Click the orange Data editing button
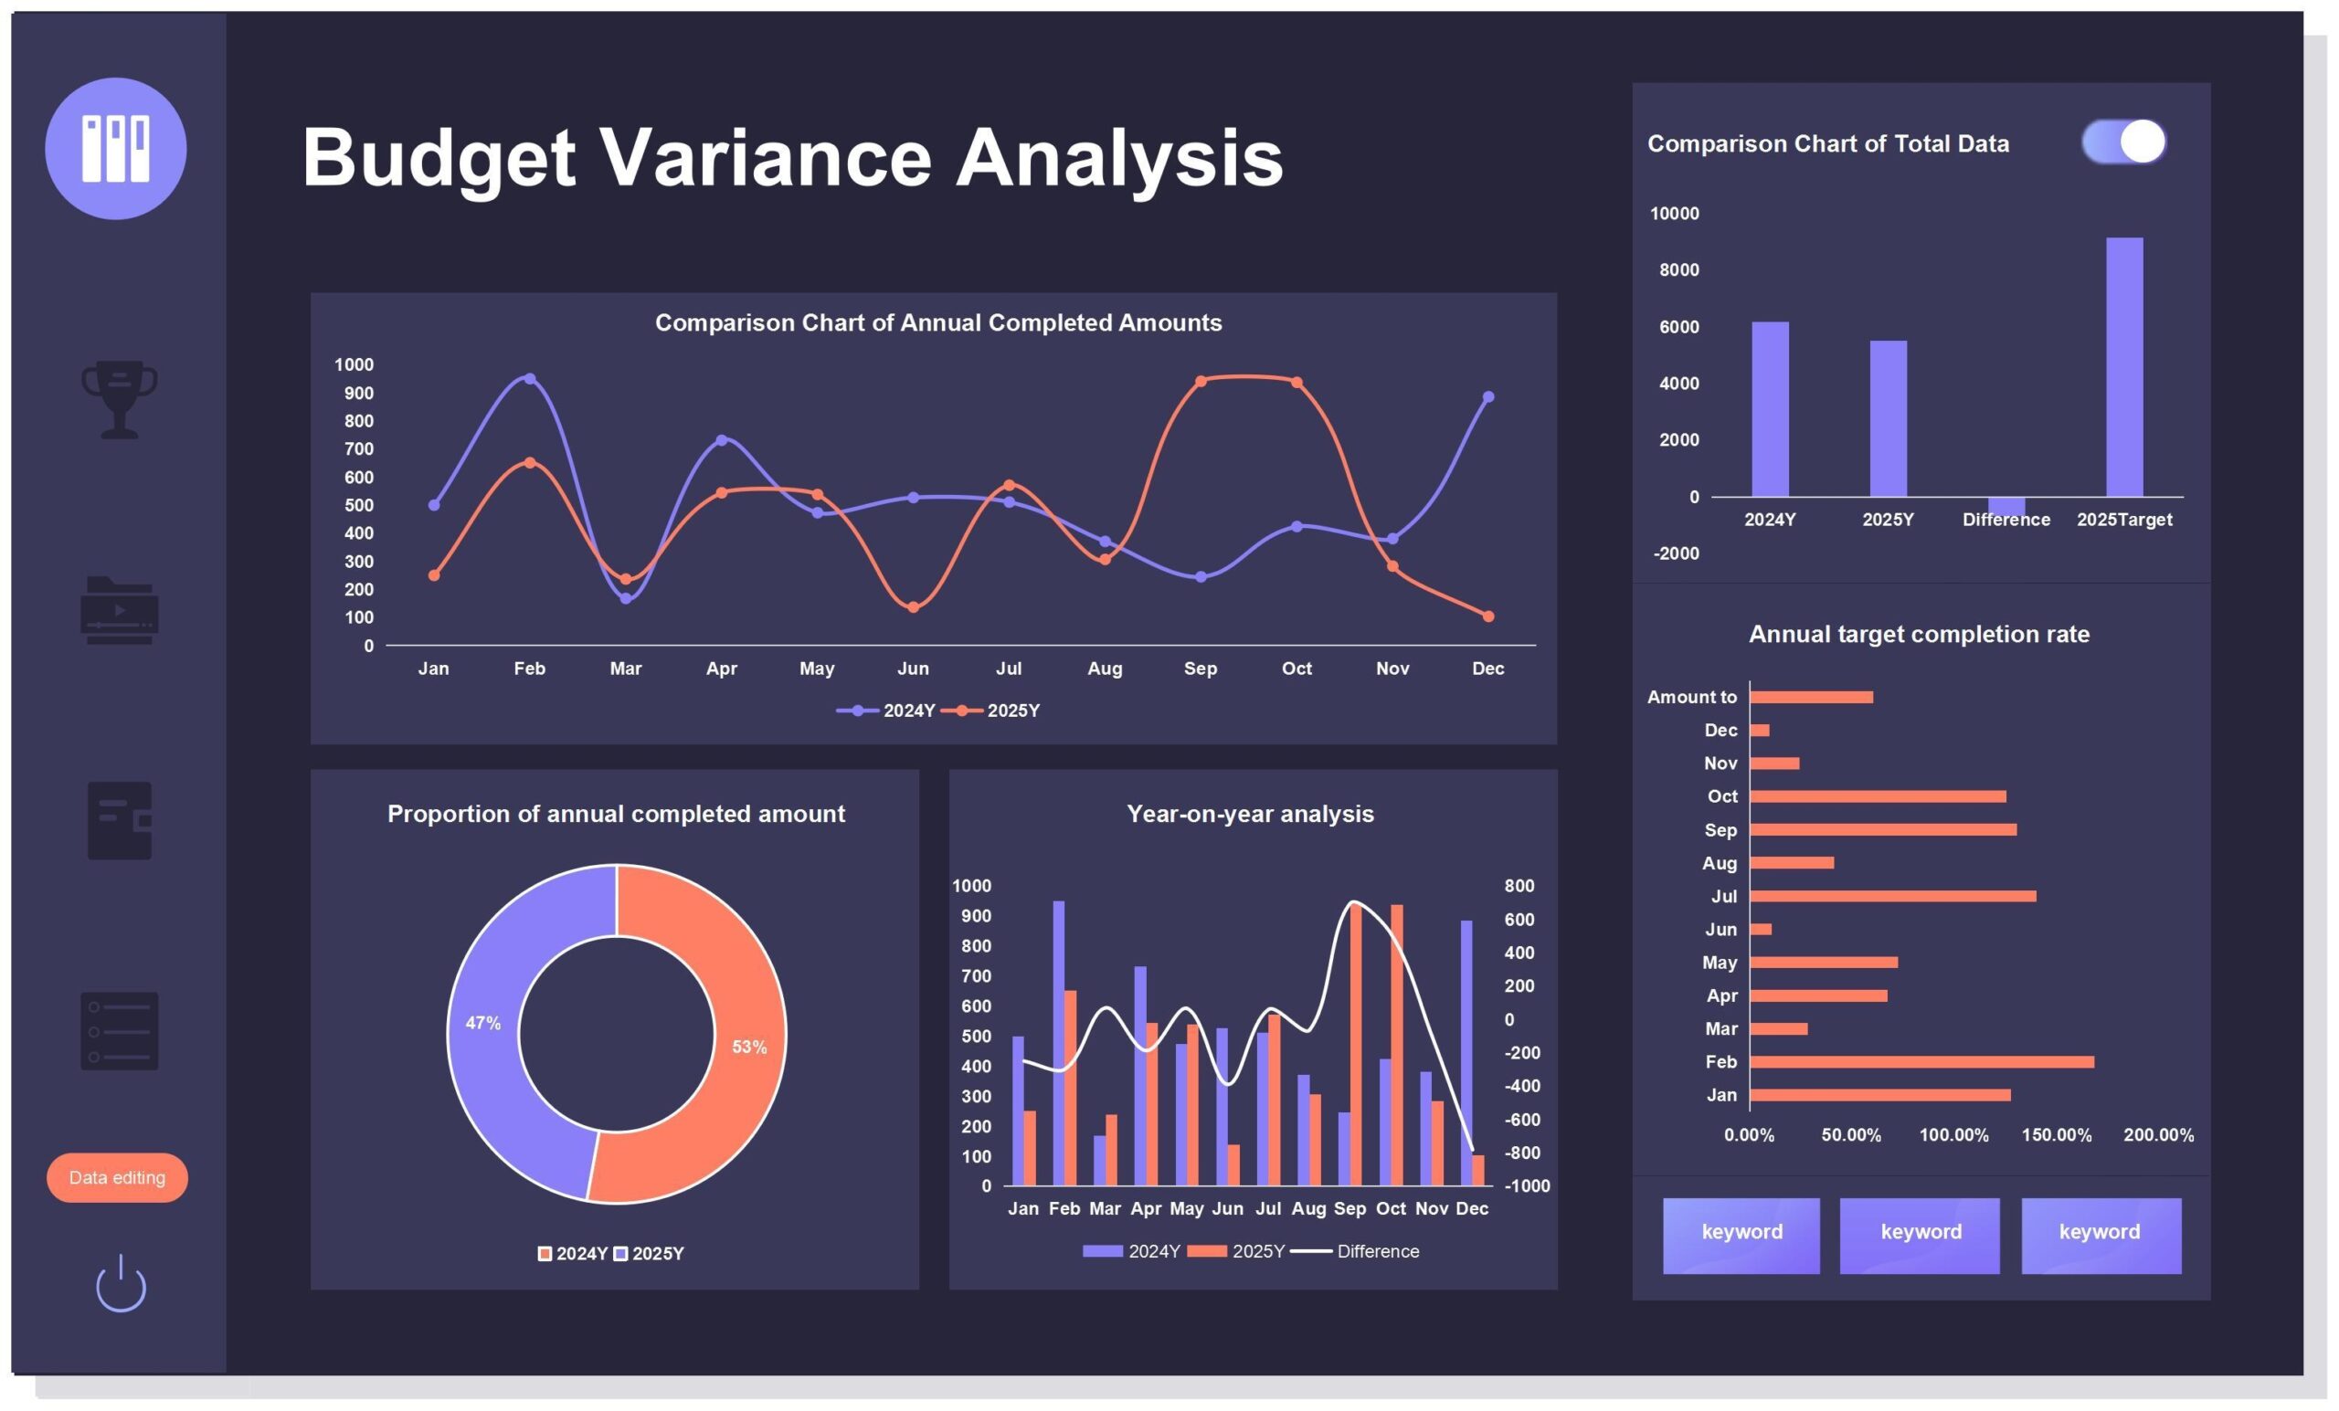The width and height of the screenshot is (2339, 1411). tap(117, 1177)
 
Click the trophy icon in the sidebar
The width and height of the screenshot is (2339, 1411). tap(120, 397)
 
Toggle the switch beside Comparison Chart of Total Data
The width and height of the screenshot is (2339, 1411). tap(2123, 142)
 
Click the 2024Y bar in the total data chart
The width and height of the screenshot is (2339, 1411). tap(1770, 409)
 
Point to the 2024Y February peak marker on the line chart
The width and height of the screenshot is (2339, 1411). tap(530, 379)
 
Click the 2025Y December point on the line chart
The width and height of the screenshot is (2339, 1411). tap(1487, 616)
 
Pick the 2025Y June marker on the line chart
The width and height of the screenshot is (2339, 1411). tap(913, 607)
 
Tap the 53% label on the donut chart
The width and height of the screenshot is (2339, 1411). tap(749, 1047)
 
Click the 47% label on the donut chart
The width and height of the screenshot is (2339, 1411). tap(482, 1023)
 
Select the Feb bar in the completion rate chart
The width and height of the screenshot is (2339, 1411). tap(1921, 1062)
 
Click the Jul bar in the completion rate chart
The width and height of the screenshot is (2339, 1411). tap(1892, 896)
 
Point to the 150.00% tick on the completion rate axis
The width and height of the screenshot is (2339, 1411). tap(2055, 1135)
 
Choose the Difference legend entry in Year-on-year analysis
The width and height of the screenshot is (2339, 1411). tap(1376, 1251)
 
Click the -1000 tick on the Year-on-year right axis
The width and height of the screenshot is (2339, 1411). tap(1526, 1186)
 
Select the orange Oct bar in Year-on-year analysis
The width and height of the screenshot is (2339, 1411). tap(1396, 1045)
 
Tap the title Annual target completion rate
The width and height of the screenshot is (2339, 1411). tap(1919, 634)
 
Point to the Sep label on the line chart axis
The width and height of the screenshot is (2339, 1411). tap(1200, 668)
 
